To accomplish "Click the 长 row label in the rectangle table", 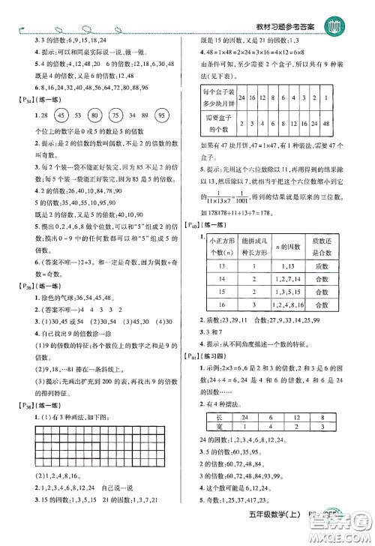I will [214, 444].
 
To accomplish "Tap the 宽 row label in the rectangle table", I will [214, 456].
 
